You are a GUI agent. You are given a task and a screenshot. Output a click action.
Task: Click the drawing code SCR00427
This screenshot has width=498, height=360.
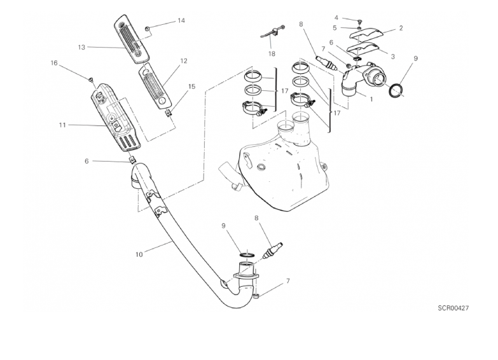[x=453, y=308]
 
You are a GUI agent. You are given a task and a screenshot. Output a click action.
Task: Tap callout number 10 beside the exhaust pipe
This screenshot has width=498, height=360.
[x=139, y=254]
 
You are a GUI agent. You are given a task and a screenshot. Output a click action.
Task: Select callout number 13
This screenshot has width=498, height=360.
[x=81, y=47]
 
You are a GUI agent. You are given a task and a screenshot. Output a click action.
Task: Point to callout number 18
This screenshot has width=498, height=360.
[x=272, y=53]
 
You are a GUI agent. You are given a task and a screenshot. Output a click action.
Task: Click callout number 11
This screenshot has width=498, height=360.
[x=62, y=125]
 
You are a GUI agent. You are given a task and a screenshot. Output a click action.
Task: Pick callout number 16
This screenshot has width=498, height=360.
[x=54, y=63]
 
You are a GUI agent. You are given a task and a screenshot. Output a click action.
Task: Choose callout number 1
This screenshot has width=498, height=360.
[x=371, y=99]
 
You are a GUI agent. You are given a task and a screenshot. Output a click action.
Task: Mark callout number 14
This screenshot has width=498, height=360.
[x=181, y=20]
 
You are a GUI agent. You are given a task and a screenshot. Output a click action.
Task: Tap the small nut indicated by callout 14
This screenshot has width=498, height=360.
[x=148, y=29]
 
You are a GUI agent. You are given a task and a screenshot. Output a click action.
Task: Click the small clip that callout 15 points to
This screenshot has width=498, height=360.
[x=169, y=112]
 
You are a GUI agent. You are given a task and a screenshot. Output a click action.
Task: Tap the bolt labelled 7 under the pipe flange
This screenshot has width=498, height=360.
[x=256, y=296]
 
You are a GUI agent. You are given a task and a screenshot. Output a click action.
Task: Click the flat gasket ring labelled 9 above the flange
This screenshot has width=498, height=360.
[x=247, y=254]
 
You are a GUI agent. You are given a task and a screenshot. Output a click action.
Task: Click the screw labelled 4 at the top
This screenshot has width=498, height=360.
[x=359, y=21]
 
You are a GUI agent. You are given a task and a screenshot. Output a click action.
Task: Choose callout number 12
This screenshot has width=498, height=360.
[x=184, y=61]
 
